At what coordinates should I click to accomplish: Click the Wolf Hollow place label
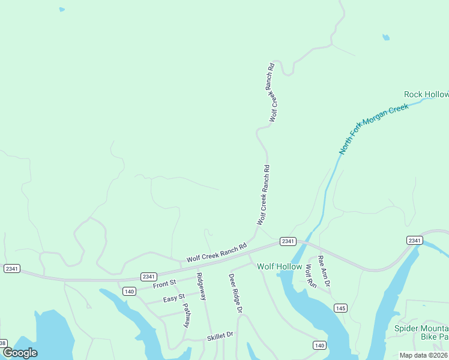(280, 266)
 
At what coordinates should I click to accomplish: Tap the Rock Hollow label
(426, 95)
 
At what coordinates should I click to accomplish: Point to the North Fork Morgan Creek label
(373, 128)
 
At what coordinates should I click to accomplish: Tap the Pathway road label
(186, 315)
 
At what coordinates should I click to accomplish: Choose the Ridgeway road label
(201, 287)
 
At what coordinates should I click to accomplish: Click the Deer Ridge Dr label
(235, 293)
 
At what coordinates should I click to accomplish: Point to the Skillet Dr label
(220, 336)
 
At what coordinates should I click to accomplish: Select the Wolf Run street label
(310, 276)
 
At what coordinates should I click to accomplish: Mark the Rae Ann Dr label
(325, 270)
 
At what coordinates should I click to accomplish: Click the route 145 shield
(340, 308)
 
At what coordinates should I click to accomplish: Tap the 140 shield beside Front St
(129, 291)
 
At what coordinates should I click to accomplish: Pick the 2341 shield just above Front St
(149, 277)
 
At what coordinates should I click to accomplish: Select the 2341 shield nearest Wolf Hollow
(287, 241)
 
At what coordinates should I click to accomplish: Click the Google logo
(20, 353)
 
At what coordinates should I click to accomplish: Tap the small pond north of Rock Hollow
(386, 37)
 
